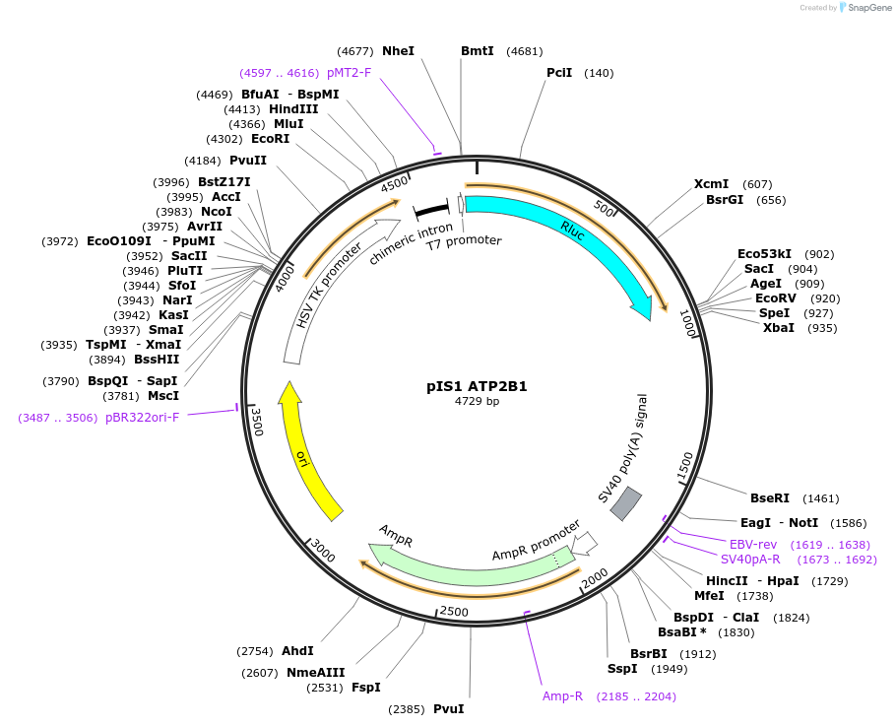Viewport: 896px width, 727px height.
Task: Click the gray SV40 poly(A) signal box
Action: click(626, 503)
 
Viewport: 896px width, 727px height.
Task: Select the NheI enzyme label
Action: click(398, 51)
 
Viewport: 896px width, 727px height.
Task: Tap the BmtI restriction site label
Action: click(478, 51)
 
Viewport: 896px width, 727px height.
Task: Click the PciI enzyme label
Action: click(561, 73)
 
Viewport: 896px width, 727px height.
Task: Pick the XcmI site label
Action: click(711, 184)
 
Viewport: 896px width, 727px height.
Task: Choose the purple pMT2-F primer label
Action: click(349, 73)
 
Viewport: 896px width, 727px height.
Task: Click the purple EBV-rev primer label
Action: click(752, 545)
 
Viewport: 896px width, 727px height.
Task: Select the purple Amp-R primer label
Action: click(562, 696)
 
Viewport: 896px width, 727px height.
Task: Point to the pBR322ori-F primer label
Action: click(143, 418)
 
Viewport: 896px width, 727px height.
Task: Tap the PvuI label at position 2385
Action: click(448, 709)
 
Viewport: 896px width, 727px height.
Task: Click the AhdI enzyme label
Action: click(297, 651)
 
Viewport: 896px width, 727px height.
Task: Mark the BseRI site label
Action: click(769, 498)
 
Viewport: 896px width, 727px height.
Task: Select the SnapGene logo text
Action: click(869, 8)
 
